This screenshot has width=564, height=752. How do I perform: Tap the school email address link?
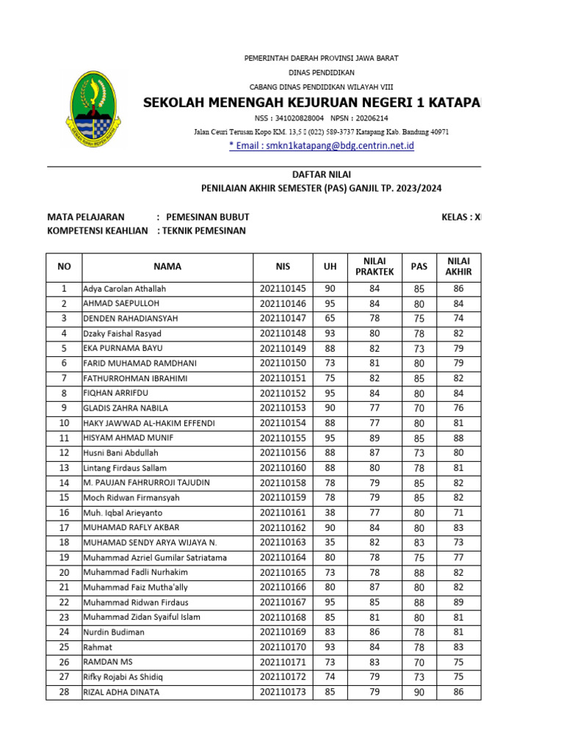[x=322, y=146]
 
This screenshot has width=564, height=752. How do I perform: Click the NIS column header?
[x=283, y=267]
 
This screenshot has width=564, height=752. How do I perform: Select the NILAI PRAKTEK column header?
[x=375, y=267]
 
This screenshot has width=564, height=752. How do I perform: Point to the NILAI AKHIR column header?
[x=458, y=267]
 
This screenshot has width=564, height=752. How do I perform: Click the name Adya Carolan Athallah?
[x=125, y=289]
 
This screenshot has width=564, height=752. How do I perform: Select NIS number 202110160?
[x=283, y=468]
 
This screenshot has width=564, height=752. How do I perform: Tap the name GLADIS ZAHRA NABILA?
[x=126, y=408]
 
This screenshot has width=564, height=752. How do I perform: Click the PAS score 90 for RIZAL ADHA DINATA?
[x=419, y=692]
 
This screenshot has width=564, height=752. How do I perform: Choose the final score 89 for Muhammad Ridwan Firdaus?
[x=458, y=602]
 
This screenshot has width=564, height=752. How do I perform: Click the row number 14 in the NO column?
[x=64, y=482]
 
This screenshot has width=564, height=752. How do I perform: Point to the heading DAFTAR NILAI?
[x=322, y=175]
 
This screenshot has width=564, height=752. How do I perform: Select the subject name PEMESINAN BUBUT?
[x=208, y=217]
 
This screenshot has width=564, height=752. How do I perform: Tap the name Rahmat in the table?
[x=98, y=647]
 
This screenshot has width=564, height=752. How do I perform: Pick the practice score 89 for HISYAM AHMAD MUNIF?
[x=375, y=438]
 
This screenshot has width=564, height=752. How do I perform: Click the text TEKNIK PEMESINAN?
[x=203, y=231]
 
